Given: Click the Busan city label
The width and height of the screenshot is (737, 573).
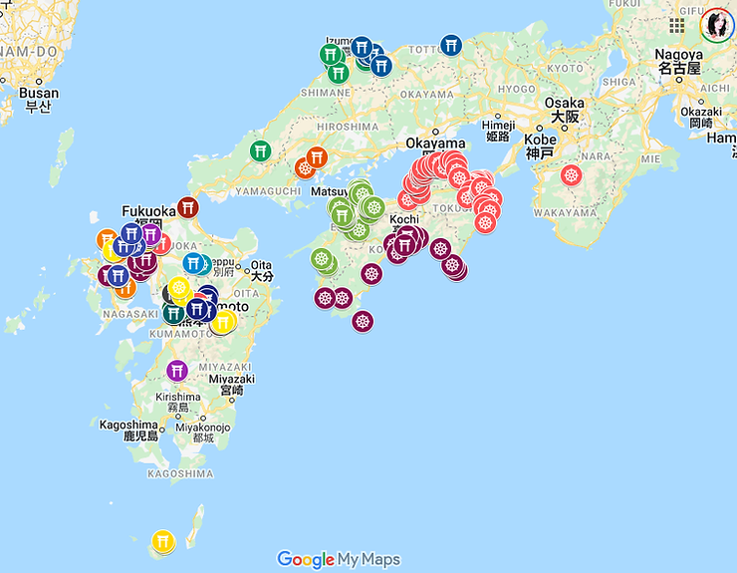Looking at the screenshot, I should click(39, 94).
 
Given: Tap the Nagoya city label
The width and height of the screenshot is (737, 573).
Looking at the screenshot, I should click(678, 56).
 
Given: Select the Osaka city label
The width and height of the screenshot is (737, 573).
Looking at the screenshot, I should click(565, 104).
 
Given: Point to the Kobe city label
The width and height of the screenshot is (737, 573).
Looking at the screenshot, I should click(540, 140).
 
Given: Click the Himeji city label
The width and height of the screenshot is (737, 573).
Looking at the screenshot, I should click(497, 126).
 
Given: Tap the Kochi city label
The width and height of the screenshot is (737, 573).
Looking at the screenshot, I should click(404, 219).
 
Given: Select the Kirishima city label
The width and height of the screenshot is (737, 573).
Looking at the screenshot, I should click(178, 396).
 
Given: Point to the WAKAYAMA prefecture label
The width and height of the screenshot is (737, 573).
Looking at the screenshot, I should click(565, 212).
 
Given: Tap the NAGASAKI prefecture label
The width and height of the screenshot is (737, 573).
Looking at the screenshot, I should click(128, 313).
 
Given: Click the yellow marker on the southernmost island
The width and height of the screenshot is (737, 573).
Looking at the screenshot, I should click(163, 541).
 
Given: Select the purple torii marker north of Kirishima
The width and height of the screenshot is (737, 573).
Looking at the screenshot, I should click(177, 371).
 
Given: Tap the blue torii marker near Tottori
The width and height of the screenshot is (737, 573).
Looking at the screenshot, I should click(451, 46).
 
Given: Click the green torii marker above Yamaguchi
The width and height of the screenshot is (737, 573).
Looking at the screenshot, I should click(261, 150).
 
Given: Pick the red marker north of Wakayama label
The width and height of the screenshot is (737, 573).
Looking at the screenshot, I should click(571, 175).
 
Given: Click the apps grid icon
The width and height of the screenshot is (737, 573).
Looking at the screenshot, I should click(677, 25).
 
